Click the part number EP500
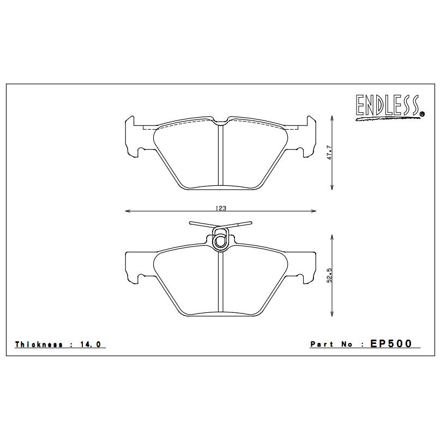pyautogui.click(x=391, y=343)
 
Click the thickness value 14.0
pyautogui.click(x=91, y=345)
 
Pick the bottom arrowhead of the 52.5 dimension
pyautogui.click(x=333, y=316)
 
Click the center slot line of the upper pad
pyautogui.click(x=220, y=155)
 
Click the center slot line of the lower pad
pyautogui.click(x=220, y=283)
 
